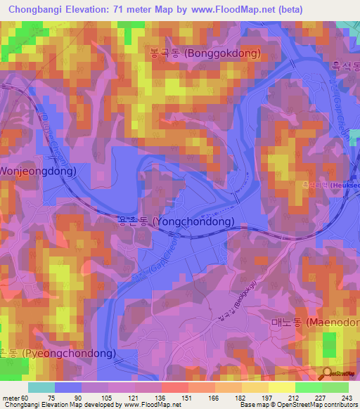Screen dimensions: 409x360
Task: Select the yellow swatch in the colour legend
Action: pos(281,387)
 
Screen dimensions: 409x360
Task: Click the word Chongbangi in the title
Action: pos(35,9)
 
